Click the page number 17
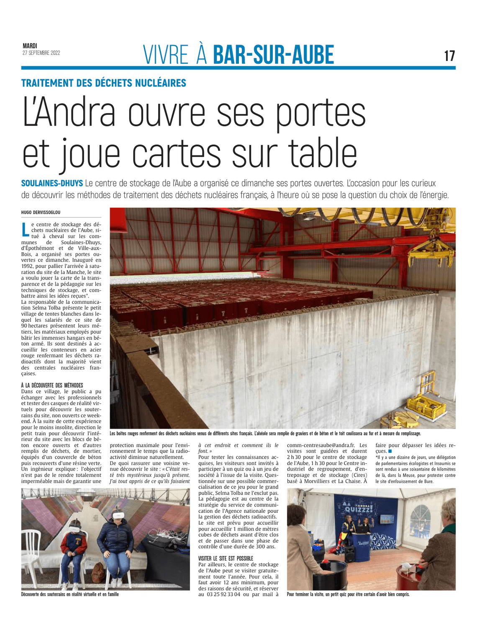click(x=449, y=56)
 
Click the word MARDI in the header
click(x=30, y=46)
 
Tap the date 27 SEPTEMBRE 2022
click(x=41, y=53)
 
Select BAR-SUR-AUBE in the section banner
click(x=274, y=55)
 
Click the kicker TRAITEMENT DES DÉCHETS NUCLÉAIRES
click(x=104, y=83)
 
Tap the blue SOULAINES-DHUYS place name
click(x=52, y=183)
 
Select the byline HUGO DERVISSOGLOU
click(x=41, y=212)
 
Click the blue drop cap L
click(x=25, y=229)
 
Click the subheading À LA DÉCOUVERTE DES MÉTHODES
click(x=52, y=385)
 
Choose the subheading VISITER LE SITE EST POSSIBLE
click(x=226, y=558)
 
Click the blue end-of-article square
click(x=390, y=451)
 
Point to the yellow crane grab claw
click(x=431, y=253)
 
